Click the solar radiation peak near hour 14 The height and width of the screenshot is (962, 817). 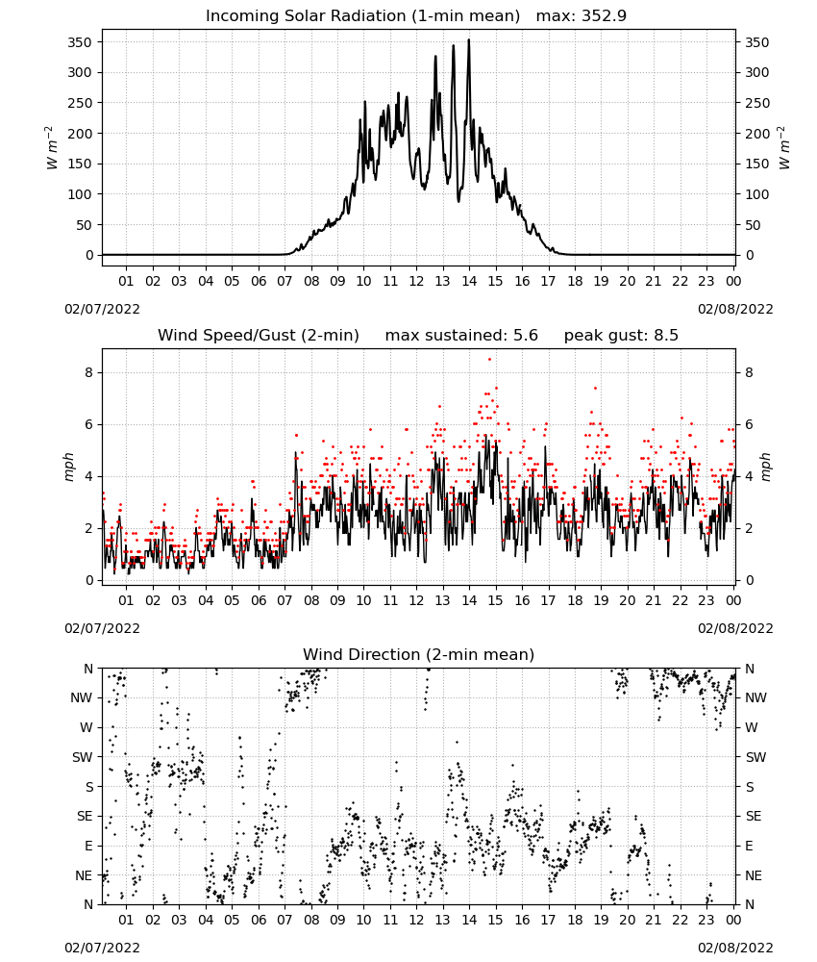click(x=469, y=40)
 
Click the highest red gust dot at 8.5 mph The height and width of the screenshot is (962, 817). click(x=489, y=359)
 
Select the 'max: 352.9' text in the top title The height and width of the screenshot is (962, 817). click(x=582, y=15)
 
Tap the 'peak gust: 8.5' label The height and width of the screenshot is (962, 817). click(x=621, y=335)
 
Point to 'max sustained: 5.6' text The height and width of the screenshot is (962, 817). click(x=461, y=335)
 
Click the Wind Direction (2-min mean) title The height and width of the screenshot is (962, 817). click(x=419, y=654)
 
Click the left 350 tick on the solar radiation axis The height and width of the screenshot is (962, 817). click(x=80, y=42)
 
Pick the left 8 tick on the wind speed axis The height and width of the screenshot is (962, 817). click(x=88, y=372)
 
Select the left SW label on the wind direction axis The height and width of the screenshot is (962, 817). click(x=83, y=757)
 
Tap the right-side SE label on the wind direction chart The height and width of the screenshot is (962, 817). click(x=754, y=816)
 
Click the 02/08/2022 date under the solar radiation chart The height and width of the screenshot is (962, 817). click(x=735, y=309)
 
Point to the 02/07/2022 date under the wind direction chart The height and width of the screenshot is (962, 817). click(x=102, y=948)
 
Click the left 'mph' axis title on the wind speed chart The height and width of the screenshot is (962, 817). click(x=68, y=467)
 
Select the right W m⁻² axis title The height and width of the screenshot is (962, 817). click(x=784, y=147)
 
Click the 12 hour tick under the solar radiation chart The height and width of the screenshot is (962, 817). click(x=416, y=281)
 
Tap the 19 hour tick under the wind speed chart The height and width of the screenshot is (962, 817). click(x=601, y=600)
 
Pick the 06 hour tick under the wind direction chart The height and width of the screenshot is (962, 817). click(x=259, y=920)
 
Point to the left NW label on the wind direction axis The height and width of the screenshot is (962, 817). click(x=82, y=697)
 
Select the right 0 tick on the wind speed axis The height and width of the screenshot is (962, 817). click(x=749, y=580)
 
